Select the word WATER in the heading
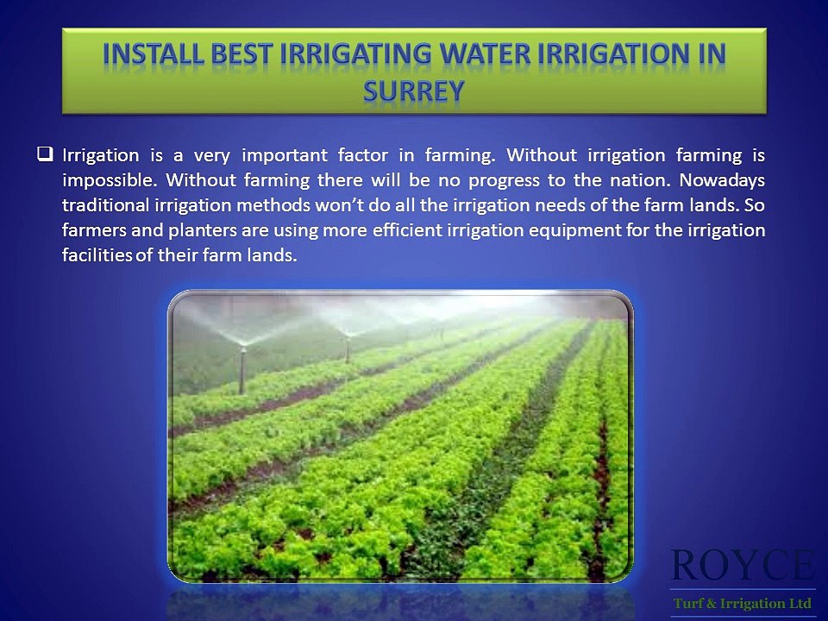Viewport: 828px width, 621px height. tap(487, 54)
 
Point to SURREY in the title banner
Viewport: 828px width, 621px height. tap(414, 90)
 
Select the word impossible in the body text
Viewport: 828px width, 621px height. tap(108, 181)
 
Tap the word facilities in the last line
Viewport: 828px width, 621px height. tap(97, 256)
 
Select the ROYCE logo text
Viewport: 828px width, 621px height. tap(742, 565)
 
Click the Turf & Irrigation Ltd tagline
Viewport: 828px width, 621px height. tap(742, 603)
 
